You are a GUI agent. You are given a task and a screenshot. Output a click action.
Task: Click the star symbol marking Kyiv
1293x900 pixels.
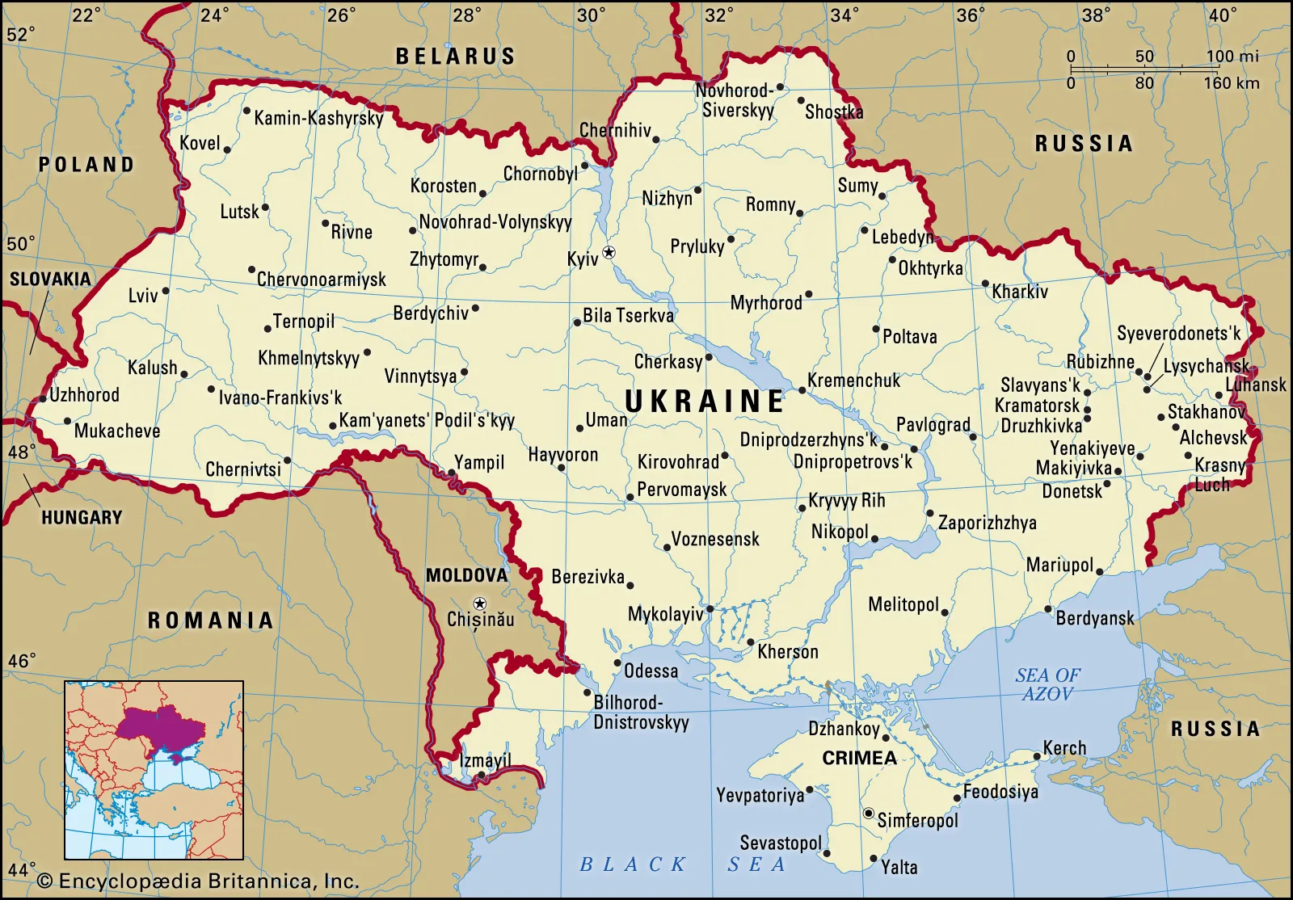[609, 253]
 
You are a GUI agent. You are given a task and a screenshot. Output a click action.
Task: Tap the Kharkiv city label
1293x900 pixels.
[1020, 292]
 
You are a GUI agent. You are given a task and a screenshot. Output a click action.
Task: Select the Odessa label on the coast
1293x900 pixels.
[651, 671]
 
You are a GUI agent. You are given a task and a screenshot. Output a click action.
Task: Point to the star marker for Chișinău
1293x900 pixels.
[480, 604]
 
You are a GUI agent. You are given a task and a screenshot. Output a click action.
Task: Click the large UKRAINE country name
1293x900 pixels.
[705, 402]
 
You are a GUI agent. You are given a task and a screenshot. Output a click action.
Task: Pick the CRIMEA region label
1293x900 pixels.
[859, 758]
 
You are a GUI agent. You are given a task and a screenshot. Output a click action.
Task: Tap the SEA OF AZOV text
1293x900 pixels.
[1047, 684]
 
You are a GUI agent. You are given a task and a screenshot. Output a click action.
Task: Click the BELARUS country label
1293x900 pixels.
[455, 57]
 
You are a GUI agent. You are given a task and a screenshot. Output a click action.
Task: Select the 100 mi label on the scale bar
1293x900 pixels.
[1232, 57]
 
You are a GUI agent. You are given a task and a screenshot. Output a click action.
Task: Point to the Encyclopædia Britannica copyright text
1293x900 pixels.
[198, 881]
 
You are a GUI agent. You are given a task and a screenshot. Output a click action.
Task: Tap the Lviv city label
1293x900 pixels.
[143, 296]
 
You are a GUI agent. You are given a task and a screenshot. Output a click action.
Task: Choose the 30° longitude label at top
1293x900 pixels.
[591, 15]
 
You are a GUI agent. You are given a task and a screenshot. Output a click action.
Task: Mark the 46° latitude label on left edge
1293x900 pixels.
[21, 661]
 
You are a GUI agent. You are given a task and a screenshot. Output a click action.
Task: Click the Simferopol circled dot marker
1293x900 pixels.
[869, 814]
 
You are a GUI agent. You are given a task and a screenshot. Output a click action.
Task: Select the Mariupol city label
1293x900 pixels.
[1059, 566]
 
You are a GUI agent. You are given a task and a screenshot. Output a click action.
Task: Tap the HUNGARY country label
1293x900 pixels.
[82, 517]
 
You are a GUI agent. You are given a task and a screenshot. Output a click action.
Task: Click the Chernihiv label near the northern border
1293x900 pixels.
[615, 130]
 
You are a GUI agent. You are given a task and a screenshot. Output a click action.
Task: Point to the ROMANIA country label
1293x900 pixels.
[210, 620]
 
